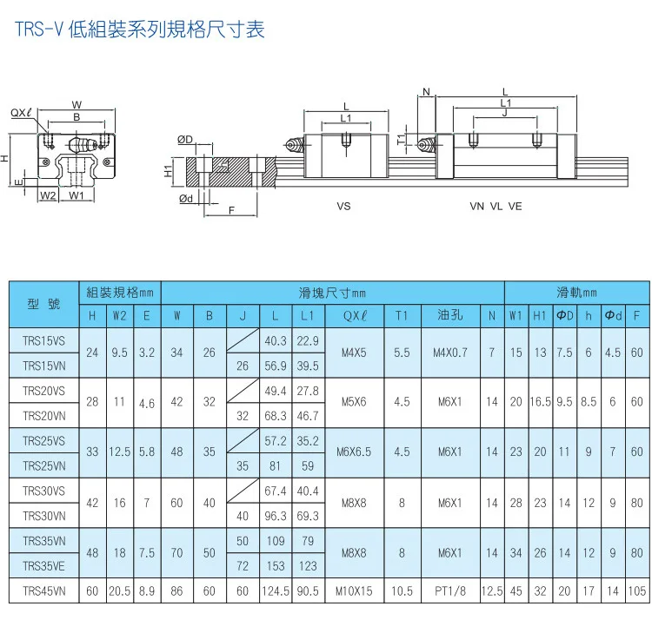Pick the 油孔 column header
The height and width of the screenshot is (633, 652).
coord(449,316)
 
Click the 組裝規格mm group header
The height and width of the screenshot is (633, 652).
coord(120,293)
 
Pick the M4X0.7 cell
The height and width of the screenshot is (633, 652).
coord(449,353)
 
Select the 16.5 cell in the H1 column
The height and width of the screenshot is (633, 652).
coord(540,403)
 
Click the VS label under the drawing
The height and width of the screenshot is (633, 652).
coord(343,207)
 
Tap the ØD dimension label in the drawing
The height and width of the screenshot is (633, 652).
coord(185,140)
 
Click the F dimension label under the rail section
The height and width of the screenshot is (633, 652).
coord(230,211)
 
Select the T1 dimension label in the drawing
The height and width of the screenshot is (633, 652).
coord(402,139)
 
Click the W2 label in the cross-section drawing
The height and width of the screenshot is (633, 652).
coord(49,195)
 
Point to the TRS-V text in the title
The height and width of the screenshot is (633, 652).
coord(38,31)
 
